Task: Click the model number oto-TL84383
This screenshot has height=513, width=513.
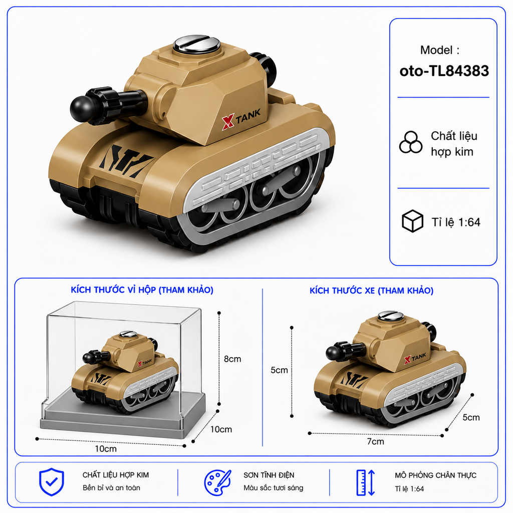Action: (x=444, y=71)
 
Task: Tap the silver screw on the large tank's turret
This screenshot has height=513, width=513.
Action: (x=196, y=44)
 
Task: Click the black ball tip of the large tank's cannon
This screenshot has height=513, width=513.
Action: (x=80, y=109)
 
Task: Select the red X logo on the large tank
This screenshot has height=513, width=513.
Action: (x=228, y=122)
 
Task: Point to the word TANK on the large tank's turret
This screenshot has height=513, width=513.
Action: (x=248, y=116)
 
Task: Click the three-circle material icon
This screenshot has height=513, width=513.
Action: (x=410, y=142)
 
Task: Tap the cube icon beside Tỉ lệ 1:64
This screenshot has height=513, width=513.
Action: (x=412, y=221)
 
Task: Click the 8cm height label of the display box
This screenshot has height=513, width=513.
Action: (x=232, y=359)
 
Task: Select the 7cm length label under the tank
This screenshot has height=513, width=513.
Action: (x=375, y=441)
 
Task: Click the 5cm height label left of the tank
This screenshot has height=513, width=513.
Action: (x=279, y=370)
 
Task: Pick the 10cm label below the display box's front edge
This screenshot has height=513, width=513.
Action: (x=106, y=448)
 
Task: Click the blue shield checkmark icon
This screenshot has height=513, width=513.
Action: (x=52, y=481)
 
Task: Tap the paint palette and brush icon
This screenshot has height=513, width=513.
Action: (x=217, y=482)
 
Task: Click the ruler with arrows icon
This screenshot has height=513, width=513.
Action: (x=365, y=482)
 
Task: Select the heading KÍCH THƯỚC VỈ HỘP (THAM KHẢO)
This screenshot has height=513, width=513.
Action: (x=142, y=290)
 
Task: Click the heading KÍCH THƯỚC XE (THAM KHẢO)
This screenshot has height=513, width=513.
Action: (x=371, y=291)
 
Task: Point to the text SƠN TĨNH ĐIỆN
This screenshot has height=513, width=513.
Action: (x=269, y=475)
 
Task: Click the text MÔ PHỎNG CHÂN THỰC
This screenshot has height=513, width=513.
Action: (x=435, y=475)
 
